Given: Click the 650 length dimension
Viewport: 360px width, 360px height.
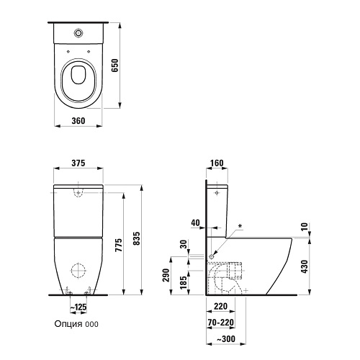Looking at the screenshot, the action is [x=115, y=66].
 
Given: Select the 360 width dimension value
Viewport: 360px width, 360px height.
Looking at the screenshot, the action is [x=78, y=121].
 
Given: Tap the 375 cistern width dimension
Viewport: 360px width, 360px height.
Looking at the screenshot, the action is [x=78, y=163].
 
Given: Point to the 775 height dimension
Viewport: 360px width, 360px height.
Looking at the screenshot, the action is [x=119, y=245].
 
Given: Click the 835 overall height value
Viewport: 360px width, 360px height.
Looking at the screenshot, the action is [x=136, y=238].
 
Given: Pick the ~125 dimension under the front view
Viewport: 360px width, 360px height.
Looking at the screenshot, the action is [x=78, y=307].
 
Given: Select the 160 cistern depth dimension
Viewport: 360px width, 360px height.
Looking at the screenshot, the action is [x=217, y=163].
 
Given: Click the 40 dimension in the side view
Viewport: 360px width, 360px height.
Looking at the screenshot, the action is [x=195, y=222].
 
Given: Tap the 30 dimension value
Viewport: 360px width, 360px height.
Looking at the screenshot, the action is [x=184, y=244].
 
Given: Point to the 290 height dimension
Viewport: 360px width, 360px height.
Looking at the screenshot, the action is [x=166, y=275].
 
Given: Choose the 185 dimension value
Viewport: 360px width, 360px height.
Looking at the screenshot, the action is [x=184, y=282].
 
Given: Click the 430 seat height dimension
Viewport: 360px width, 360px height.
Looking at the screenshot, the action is [x=305, y=266].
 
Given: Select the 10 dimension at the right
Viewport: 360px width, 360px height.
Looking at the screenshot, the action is [x=305, y=227].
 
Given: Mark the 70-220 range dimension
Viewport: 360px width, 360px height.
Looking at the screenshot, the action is [x=221, y=323].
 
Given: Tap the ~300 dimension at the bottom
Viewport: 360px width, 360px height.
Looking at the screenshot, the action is [x=226, y=339].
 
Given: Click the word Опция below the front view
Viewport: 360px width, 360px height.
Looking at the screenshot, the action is [x=68, y=324].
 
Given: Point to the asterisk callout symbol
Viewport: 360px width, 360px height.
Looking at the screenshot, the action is [x=240, y=226].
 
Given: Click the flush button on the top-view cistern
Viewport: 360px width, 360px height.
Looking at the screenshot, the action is [x=78, y=33].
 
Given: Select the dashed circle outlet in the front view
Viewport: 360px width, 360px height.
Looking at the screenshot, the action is [x=78, y=271].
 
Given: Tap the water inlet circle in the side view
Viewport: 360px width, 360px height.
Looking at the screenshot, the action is [x=212, y=257].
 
